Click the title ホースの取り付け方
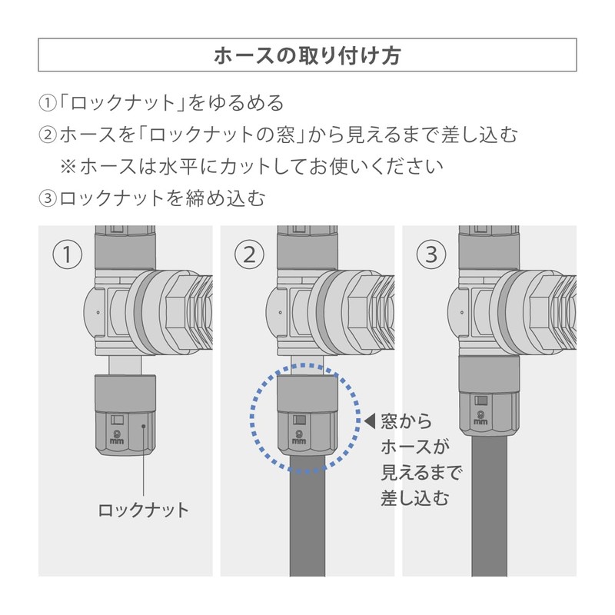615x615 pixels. (307, 55)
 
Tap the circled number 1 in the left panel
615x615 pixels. (68, 254)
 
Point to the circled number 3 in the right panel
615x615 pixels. (430, 253)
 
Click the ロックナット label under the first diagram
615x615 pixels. (144, 510)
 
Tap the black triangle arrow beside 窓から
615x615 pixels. (369, 421)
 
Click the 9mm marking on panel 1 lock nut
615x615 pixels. (118, 435)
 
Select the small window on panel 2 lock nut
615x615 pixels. (299, 421)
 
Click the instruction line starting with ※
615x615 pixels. (253, 166)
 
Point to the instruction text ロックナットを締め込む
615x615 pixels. (162, 198)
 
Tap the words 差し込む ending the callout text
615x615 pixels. (415, 497)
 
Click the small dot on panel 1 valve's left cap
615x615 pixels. (98, 312)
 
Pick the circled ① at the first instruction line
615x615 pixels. (48, 103)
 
